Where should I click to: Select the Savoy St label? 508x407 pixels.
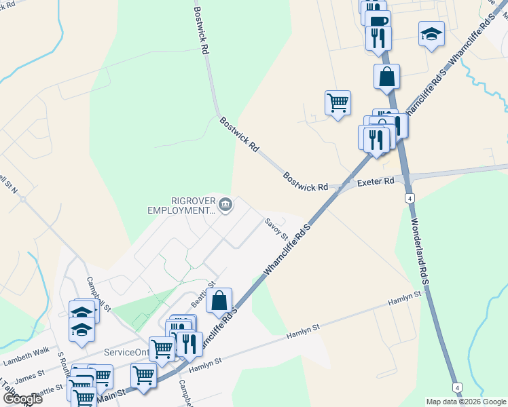276,229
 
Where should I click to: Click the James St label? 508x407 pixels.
31,374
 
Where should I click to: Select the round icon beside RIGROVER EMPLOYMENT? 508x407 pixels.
226,204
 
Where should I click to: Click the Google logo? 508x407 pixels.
23,399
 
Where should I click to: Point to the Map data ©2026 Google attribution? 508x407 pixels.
466,402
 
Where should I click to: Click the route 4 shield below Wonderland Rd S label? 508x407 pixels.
458,387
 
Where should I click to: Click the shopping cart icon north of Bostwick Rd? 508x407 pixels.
338,103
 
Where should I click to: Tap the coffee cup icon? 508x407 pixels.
378,20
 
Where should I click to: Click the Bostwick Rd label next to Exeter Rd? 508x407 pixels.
306,181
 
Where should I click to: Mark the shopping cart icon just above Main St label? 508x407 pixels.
143,374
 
